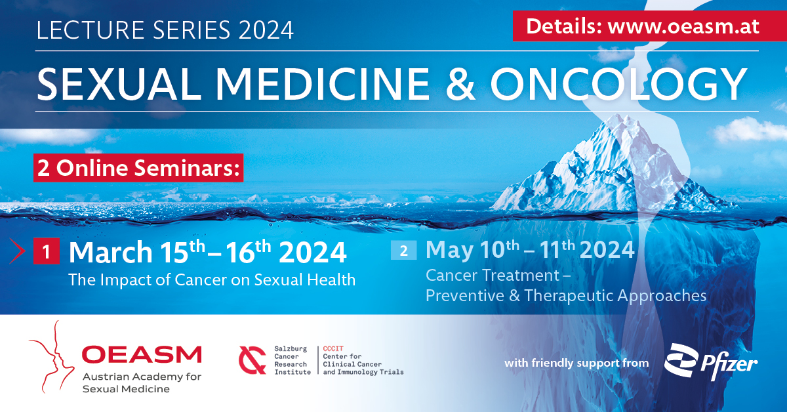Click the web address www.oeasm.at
[683, 27]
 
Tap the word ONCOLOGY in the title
[618, 84]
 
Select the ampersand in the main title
[460, 84]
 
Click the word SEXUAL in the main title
[119, 84]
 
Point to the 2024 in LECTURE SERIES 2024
[266, 30]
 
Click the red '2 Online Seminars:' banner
[138, 168]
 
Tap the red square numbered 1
[47, 251]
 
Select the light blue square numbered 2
[404, 251]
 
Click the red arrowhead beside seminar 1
[17, 251]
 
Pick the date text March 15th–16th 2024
[208, 251]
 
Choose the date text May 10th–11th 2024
[530, 249]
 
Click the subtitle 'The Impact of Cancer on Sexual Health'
[212, 280]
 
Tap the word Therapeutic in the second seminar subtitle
[569, 295]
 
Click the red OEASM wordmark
[142, 354]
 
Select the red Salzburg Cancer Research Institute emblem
[252, 360]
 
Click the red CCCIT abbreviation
[333, 348]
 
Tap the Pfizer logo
[711, 362]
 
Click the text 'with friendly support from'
[576, 363]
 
